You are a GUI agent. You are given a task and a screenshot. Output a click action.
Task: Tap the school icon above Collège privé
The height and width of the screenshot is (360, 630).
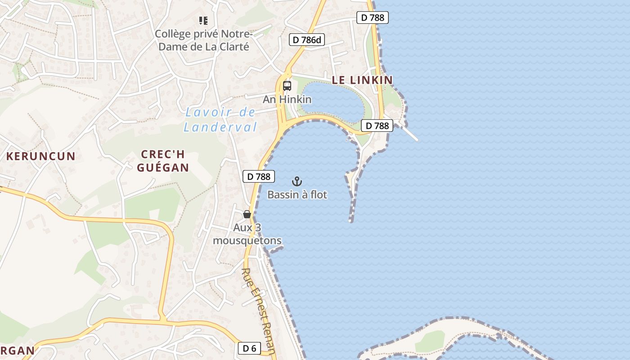pos(203,21)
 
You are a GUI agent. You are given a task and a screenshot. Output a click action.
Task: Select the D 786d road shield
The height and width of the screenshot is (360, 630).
pos(307,40)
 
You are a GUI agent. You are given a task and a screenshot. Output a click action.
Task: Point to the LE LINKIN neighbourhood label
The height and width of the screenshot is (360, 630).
pos(362,80)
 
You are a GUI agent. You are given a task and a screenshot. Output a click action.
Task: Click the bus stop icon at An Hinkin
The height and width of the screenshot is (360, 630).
pos(287,86)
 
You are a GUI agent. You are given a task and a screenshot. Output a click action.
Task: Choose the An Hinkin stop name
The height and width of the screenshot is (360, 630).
pos(287,99)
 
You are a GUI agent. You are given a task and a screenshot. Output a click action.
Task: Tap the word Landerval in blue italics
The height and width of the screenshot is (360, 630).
pos(220,127)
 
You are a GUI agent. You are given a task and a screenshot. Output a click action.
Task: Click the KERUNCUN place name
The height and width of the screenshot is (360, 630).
pos(41,157)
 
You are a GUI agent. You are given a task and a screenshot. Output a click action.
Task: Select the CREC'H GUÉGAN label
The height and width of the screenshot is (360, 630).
pos(163,161)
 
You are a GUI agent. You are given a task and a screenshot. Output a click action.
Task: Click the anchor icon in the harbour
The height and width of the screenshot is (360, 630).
pos(297,181)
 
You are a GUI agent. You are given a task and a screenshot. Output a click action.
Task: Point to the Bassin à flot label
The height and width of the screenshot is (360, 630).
pos(297,195)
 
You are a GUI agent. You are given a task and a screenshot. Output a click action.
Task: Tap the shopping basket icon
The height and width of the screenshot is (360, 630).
pos(247,214)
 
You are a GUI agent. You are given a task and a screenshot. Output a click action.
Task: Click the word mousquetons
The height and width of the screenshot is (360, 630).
pos(247,241)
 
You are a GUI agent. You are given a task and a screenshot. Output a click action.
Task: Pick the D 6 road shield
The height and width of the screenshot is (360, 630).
pos(249,348)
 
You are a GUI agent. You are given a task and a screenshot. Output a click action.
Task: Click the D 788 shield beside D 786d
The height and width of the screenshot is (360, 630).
pos(372,18)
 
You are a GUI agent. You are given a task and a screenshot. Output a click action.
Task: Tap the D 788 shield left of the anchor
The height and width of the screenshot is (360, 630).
pos(259,177)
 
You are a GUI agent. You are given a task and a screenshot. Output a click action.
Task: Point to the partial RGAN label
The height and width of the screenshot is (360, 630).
pos(18,351)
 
